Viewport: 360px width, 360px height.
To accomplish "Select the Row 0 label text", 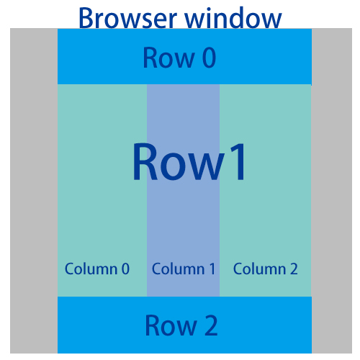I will click(179, 58).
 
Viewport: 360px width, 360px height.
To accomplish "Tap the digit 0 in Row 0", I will click(208, 58).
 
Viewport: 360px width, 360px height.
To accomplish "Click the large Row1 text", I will click(190, 162).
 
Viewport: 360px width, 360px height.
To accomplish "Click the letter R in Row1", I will click(147, 162).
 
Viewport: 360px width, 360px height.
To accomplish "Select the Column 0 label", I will click(97, 269).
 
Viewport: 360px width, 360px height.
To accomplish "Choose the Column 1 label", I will click(184, 269).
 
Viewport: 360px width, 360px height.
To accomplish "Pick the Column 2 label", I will click(266, 269).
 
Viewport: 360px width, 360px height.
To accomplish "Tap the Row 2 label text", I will click(181, 326).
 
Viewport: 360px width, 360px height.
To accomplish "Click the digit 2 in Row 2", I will click(210, 326).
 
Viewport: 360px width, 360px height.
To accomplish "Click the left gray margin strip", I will click(34, 191).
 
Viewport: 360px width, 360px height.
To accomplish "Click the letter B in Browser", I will click(86, 17).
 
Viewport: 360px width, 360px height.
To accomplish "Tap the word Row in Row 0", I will click(167, 58).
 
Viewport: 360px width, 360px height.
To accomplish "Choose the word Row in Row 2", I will click(168, 326).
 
